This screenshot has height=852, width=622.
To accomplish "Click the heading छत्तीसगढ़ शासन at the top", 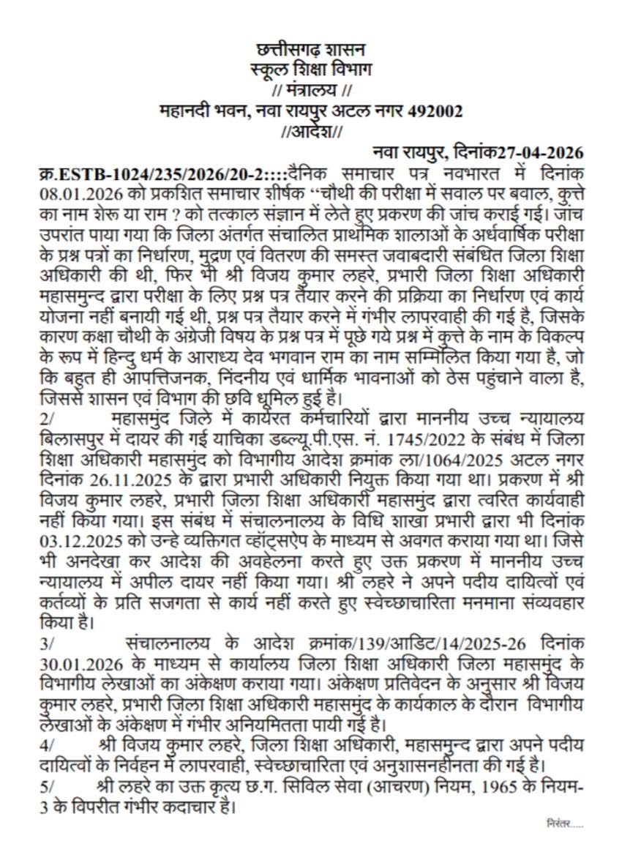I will [310, 51].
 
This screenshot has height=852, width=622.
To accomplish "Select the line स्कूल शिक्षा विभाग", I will [310, 71].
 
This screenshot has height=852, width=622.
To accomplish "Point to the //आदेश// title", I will [310, 132].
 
